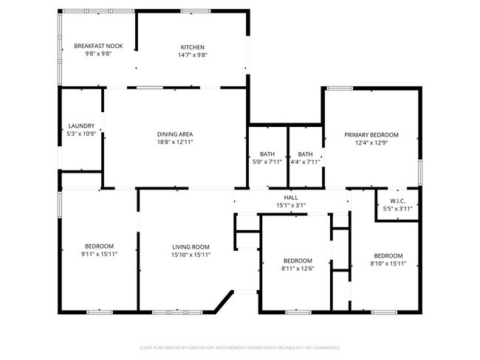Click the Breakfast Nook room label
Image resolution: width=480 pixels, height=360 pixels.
98,46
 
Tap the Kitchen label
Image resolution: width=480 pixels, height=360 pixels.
192,47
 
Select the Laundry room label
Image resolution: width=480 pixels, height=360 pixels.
80,126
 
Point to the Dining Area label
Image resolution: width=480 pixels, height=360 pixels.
174,134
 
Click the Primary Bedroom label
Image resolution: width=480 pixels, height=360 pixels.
371,135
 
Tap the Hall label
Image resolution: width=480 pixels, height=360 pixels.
291,198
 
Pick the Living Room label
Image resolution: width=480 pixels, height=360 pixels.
191,246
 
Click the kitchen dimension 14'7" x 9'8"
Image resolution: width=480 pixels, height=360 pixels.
192,55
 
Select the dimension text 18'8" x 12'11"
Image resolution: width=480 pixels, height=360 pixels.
174,142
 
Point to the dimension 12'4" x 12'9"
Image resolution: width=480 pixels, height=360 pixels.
371,143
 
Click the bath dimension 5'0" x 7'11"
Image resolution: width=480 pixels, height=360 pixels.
267,162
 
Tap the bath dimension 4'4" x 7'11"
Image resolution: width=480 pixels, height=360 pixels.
305,162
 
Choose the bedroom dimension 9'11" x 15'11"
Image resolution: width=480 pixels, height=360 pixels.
98,255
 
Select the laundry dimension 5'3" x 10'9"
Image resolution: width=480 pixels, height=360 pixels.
80,134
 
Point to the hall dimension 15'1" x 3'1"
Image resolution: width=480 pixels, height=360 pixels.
291,205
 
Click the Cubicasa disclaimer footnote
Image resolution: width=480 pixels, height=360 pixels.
239,347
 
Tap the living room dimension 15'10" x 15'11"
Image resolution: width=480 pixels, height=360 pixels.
191,255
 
